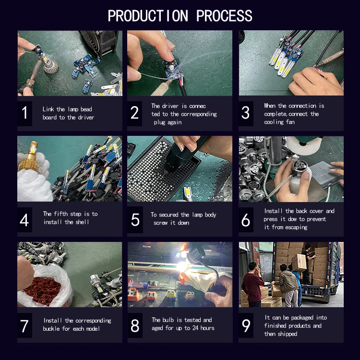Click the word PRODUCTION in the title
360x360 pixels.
148,16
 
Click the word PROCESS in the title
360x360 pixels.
224,16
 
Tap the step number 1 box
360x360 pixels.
24,113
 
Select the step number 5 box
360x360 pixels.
135,220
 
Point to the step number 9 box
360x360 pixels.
246,325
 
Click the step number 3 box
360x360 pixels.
246,113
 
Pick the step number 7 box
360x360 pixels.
24,325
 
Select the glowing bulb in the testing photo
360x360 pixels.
184,266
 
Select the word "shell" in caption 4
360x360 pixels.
82,222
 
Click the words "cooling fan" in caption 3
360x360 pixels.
279,122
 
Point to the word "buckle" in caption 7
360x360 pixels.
51,328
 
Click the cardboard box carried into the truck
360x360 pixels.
299,262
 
